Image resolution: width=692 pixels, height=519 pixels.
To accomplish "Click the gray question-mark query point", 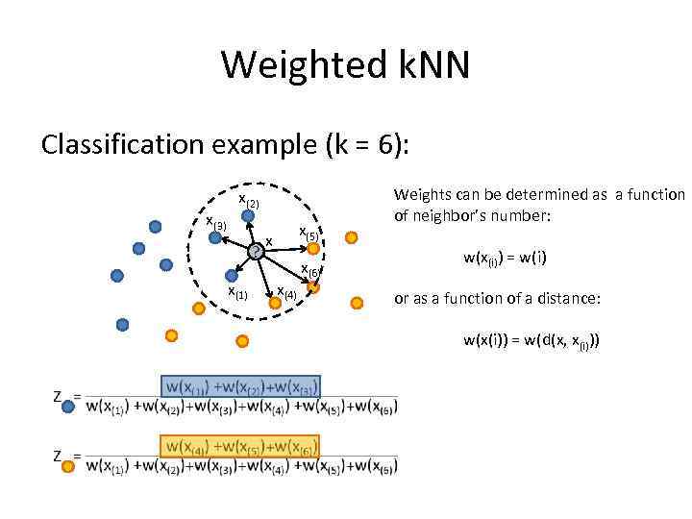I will pyautogui.click(x=255, y=252).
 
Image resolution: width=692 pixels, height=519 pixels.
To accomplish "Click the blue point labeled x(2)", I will pyautogui.click(x=248, y=217).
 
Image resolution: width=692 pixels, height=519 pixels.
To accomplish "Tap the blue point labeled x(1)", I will pyautogui.click(x=231, y=276).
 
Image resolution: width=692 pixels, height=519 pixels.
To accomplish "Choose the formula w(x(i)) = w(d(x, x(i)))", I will pyautogui.click(x=531, y=339).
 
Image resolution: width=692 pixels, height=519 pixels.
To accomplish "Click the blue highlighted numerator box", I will pyautogui.click(x=240, y=387).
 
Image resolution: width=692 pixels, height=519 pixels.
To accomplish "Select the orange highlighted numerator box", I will pyautogui.click(x=240, y=447).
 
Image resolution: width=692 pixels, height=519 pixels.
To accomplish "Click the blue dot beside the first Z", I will pyautogui.click(x=68, y=408).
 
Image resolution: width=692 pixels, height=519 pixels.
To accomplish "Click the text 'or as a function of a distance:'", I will pyautogui.click(x=497, y=299).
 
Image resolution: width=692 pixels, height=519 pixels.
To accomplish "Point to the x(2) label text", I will pyautogui.click(x=248, y=200).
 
